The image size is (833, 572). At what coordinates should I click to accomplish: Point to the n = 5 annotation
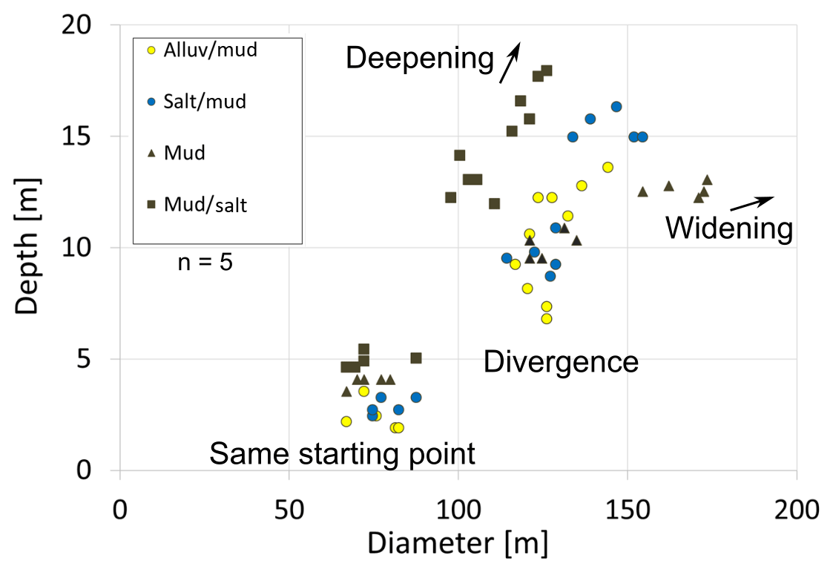click(x=205, y=262)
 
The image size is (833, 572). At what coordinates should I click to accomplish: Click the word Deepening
click(x=419, y=58)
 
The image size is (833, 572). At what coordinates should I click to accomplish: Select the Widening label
click(x=728, y=228)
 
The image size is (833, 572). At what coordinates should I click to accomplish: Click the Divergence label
click(x=561, y=362)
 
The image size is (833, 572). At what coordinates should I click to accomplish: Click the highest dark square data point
click(x=547, y=70)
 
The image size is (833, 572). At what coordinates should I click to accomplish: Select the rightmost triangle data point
click(x=707, y=180)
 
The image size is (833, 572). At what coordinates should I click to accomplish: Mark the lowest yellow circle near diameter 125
click(x=547, y=318)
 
